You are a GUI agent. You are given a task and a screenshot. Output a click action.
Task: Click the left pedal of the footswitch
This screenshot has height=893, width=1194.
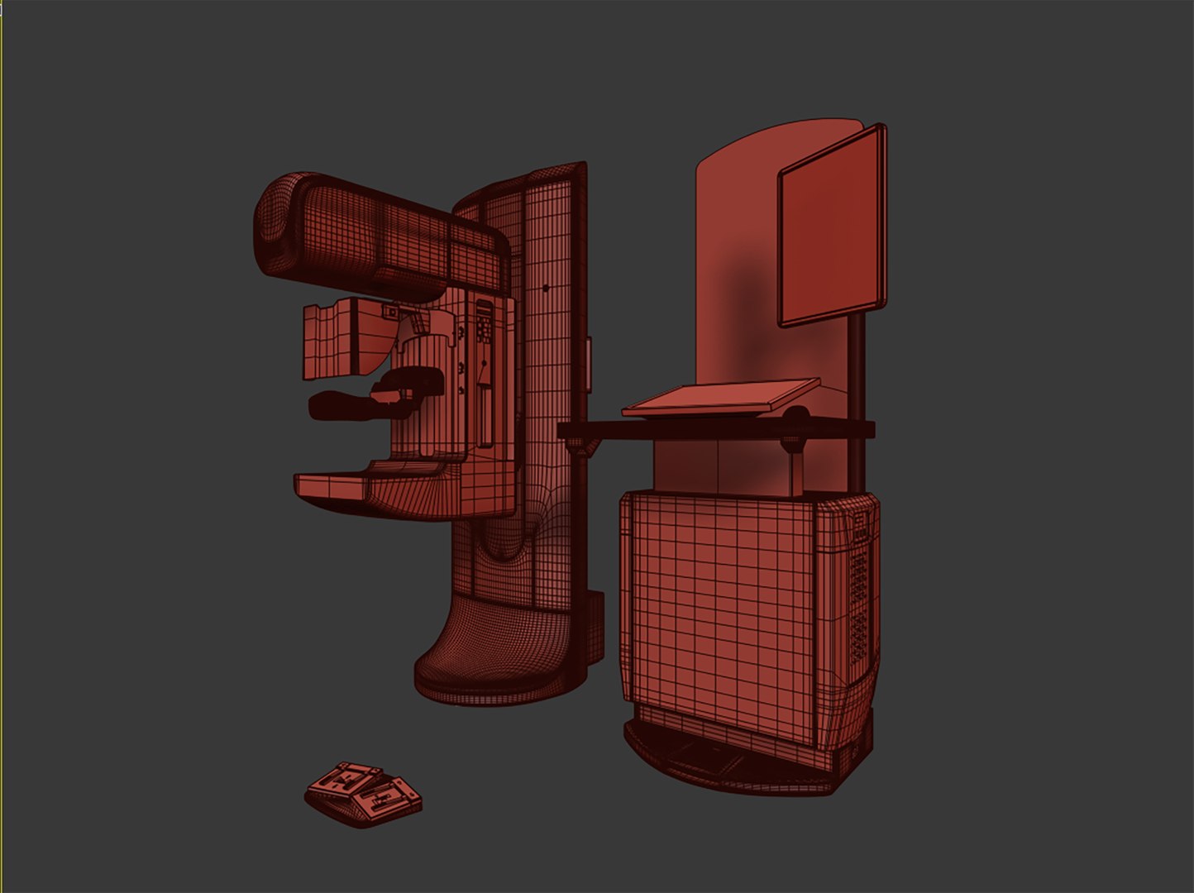[344, 782]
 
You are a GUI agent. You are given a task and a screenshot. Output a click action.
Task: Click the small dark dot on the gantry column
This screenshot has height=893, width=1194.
[545, 288]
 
